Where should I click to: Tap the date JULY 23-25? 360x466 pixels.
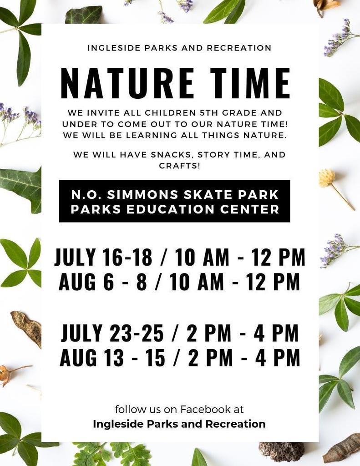(x=112, y=333)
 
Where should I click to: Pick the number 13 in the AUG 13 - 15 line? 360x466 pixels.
(x=114, y=358)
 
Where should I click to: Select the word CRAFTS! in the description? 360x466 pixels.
(x=180, y=166)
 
